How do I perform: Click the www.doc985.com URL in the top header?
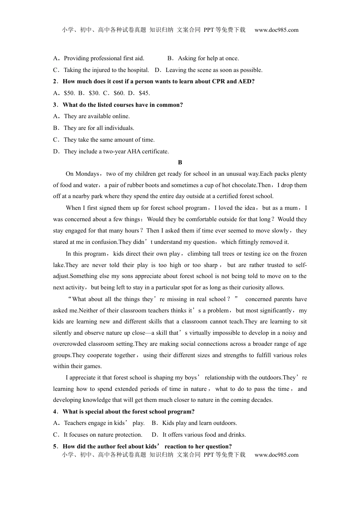click(276, 30)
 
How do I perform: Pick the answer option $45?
click(144, 93)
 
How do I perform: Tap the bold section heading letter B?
click(180, 162)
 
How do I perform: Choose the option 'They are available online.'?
click(97, 116)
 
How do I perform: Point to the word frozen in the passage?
click(298, 254)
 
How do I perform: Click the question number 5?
click(55, 447)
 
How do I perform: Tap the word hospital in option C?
click(138, 70)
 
